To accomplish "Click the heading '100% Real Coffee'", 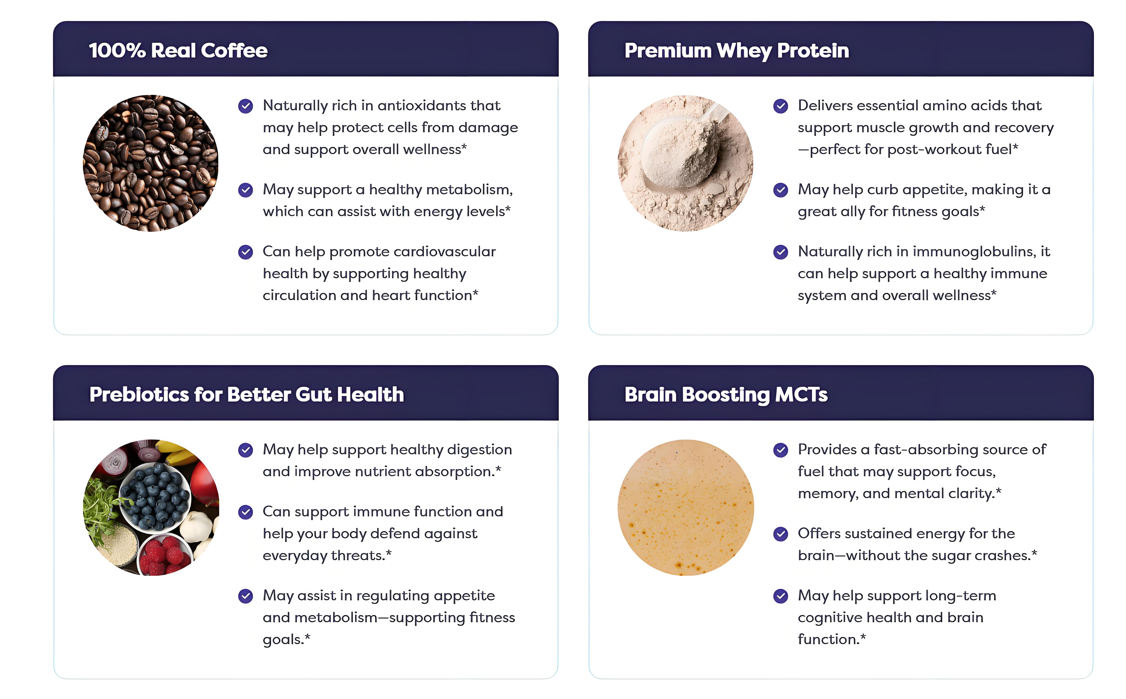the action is coord(178,50).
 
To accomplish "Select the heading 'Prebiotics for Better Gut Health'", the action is coord(247,394).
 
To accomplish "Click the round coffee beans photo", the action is coord(150,163).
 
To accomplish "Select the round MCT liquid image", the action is coord(686,507).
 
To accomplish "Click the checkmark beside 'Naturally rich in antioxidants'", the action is coord(246,106).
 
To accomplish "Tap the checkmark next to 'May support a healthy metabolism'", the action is coord(246,190).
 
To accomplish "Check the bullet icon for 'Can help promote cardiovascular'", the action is coord(246,252).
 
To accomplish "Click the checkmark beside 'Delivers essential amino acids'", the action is coord(781,106).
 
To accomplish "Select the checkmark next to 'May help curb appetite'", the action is coord(781,190).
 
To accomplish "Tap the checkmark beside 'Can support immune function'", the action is coord(246,512).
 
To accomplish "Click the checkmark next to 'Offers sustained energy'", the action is coord(781,534).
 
